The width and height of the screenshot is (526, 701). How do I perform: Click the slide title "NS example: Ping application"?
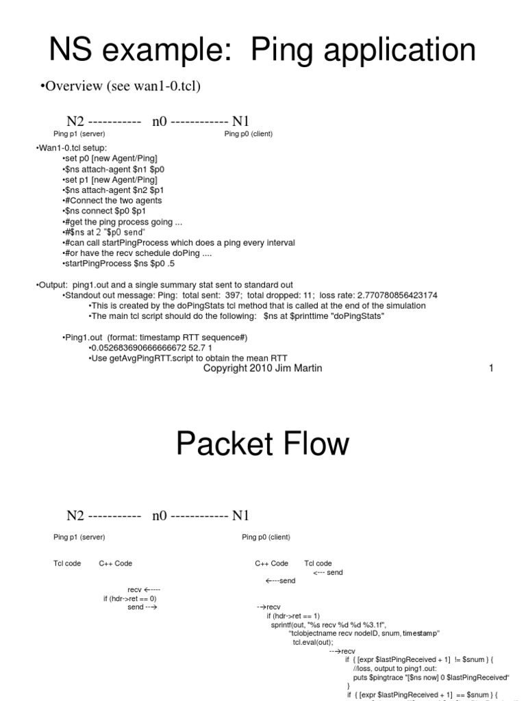pos(263,51)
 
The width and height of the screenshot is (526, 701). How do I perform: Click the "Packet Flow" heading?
pos(262,444)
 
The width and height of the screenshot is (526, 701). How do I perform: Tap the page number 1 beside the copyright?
pos(490,368)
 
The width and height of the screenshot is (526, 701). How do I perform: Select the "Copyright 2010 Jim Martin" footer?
pos(262,368)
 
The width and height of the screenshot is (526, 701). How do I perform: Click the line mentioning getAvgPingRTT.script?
pos(188,358)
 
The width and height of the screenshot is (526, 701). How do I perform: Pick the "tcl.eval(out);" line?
pos(312,642)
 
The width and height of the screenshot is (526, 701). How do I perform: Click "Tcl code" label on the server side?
pos(67,563)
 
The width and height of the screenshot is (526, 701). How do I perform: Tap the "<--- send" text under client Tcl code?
pos(327,572)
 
